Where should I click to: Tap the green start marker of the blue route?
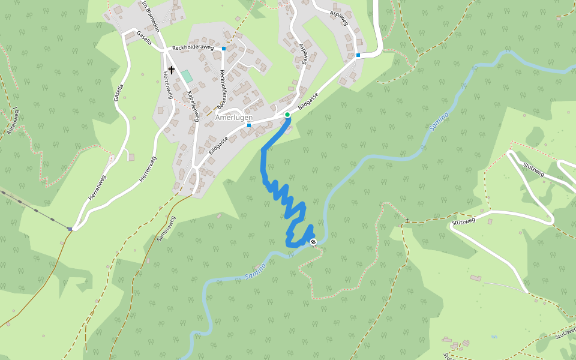[x=287, y=115]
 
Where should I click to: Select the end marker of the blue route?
[x=313, y=242]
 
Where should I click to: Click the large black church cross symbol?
[x=172, y=70]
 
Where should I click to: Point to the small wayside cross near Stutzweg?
[x=407, y=221]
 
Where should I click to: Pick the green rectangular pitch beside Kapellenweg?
[x=187, y=76]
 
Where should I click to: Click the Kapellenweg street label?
[x=193, y=106]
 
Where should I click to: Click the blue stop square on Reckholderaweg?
[x=224, y=48]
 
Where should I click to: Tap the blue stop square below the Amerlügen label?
[x=248, y=125]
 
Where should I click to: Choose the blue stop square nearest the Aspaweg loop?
[x=358, y=55]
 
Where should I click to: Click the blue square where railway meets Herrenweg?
[x=70, y=229]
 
